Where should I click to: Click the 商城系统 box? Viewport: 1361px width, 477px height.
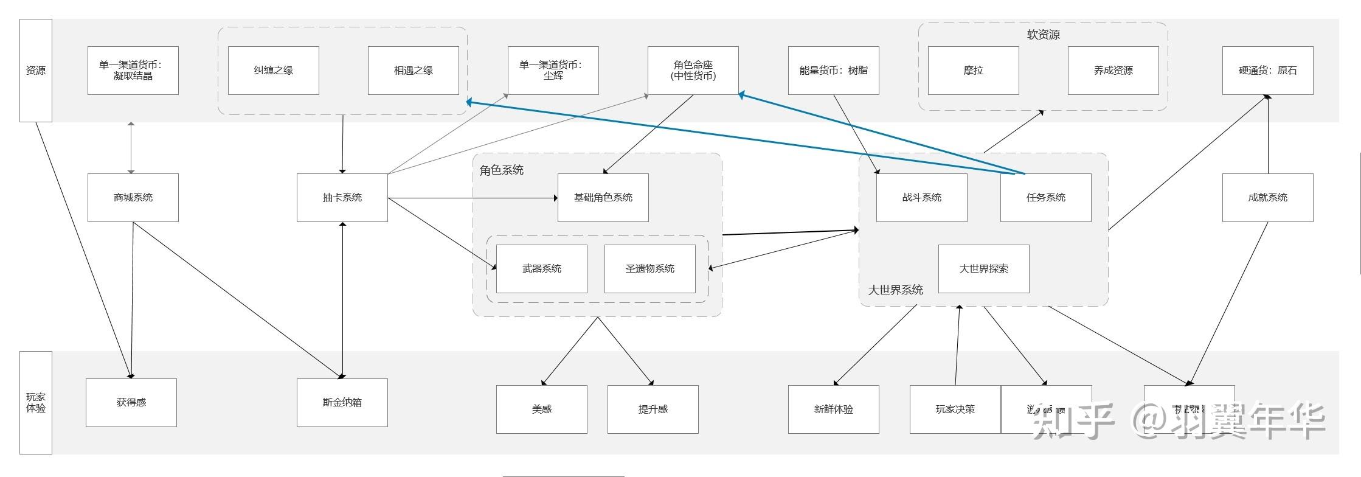tap(133, 198)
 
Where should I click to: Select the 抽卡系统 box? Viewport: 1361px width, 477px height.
tap(342, 198)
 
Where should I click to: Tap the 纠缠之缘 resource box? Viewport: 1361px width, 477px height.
tap(273, 71)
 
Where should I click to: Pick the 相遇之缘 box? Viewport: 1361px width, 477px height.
tap(413, 71)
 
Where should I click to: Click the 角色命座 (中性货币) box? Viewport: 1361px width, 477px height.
tap(693, 71)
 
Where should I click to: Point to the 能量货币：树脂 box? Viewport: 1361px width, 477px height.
tap(833, 71)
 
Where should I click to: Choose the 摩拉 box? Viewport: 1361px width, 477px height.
tap(973, 71)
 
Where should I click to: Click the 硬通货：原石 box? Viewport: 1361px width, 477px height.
tap(1267, 71)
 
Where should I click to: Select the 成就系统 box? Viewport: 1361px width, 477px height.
tap(1267, 198)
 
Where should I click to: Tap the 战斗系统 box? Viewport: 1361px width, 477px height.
tap(921, 198)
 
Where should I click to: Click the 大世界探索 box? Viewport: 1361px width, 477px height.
tap(983, 269)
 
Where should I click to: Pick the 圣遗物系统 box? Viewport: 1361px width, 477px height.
tap(649, 269)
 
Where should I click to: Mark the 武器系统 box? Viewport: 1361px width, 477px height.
tap(541, 269)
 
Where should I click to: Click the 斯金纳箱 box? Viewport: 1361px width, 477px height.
tap(342, 403)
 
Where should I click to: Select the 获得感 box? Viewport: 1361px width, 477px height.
tap(131, 403)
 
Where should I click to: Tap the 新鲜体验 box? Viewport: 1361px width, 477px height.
tap(833, 409)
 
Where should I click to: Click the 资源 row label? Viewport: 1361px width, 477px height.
tap(36, 71)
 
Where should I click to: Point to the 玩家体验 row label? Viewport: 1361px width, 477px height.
tap(36, 403)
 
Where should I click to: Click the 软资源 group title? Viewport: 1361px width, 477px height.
tap(1043, 35)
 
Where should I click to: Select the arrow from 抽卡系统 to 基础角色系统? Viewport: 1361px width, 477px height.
tap(472, 198)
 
